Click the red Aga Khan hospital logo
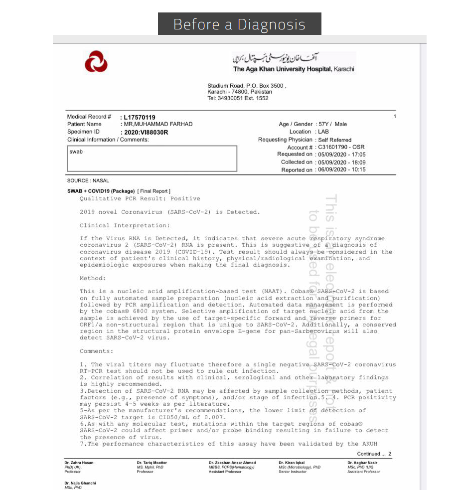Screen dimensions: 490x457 click(x=96, y=62)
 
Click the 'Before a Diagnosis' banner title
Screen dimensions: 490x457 click(x=239, y=24)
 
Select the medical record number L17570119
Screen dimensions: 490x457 click(x=140, y=118)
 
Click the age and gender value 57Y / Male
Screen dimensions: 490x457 click(x=333, y=124)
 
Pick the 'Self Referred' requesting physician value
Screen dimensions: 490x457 click(x=335, y=140)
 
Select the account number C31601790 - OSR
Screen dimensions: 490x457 click(x=342, y=148)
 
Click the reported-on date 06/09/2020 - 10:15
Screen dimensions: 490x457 click(x=342, y=169)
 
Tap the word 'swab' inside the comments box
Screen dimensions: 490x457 click(x=76, y=152)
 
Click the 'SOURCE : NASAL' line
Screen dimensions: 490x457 click(x=88, y=180)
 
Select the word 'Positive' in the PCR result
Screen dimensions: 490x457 click(x=185, y=198)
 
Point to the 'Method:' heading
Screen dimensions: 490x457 click(x=93, y=278)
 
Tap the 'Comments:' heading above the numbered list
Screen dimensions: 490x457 click(x=97, y=351)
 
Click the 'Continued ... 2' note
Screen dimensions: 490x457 click(x=374, y=454)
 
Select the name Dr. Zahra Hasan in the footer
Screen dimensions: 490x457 click(x=79, y=463)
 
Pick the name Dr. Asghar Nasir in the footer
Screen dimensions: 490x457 click(x=362, y=463)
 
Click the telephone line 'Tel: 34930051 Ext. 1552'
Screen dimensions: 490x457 click(x=238, y=98)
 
